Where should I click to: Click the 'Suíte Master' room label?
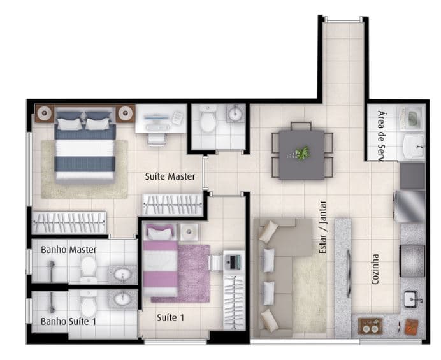pos(170,176)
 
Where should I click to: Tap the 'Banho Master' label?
pos(69,250)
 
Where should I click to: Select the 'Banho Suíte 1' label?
pos(68,322)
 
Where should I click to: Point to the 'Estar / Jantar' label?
pos(323,227)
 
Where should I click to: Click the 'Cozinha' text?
pos(375,269)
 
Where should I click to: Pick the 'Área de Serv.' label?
pos(381,136)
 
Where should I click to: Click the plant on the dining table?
pos(301,154)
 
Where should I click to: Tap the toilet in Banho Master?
pos(89,269)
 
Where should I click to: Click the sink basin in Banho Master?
pos(122,273)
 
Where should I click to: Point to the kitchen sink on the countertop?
pos(412,299)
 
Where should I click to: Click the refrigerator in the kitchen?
pos(410,206)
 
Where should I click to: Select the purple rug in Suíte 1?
pos(194,273)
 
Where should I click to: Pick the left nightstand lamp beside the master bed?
pos(44,113)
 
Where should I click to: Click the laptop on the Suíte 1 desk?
pos(233,261)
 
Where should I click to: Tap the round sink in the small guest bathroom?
pos(235,113)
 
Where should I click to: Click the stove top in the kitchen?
pos(412,261)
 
